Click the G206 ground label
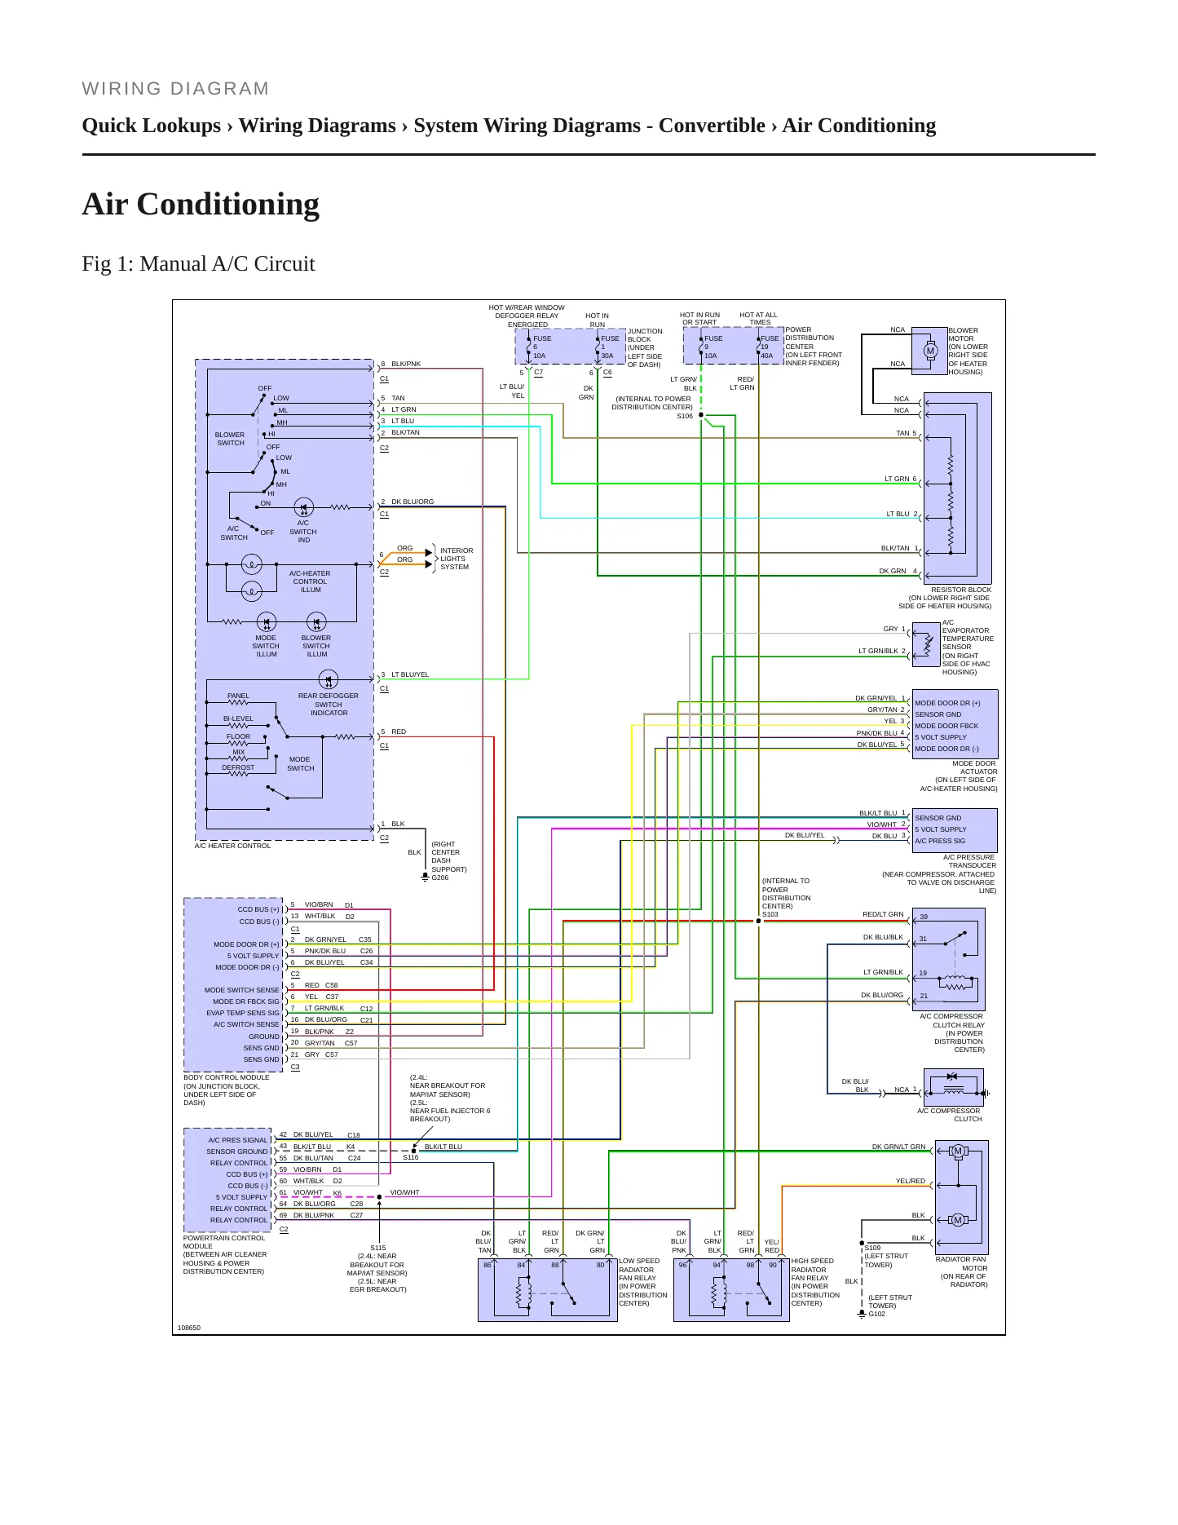439,877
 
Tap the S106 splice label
684,416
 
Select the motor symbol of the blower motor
930,351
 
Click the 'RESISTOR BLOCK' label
961,590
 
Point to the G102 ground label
876,1314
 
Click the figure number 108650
189,1328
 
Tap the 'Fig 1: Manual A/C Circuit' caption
198,263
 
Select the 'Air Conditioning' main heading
201,204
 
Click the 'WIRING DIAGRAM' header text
175,89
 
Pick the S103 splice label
770,914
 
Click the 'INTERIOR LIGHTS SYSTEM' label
457,559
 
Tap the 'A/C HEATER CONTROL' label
232,846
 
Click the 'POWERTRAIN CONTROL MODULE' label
224,1242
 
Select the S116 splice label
411,1157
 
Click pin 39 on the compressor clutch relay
924,917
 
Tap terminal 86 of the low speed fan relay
488,1265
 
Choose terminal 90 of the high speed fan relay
773,1265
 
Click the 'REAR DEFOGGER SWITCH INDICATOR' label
329,705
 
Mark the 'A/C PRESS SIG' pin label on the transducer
940,841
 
